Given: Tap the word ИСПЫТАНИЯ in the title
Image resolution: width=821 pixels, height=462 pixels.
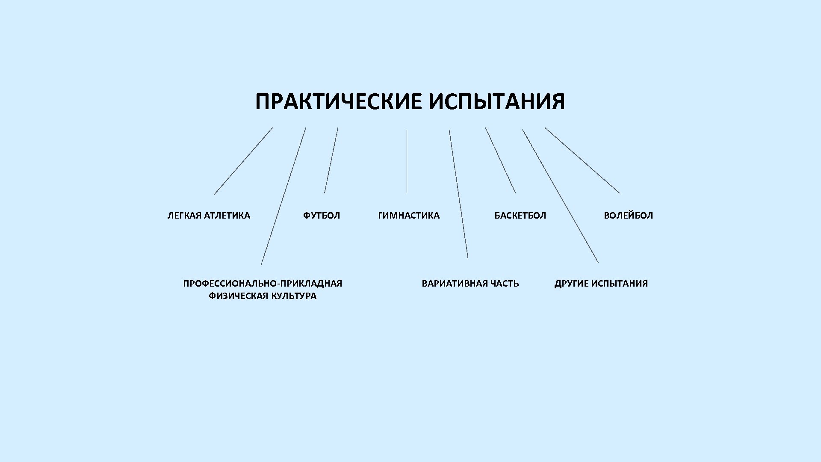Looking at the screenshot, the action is (x=496, y=102).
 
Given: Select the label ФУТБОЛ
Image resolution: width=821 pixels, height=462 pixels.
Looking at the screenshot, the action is (x=322, y=216).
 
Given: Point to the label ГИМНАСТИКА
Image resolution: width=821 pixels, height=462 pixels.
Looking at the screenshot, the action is (x=409, y=216).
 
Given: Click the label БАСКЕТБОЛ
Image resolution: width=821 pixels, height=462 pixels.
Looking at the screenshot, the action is (x=520, y=216).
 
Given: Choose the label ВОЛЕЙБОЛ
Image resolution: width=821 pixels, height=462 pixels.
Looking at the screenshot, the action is (x=628, y=216).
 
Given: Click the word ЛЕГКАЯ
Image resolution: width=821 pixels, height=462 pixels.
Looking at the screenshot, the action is (x=184, y=216).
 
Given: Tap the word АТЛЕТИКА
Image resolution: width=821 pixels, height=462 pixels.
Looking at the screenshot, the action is (x=227, y=216).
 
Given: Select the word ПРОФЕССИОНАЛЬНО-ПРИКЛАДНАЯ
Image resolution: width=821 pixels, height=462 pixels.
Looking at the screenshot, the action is (x=263, y=284).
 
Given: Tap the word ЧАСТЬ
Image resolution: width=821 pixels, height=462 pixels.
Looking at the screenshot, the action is (x=505, y=284).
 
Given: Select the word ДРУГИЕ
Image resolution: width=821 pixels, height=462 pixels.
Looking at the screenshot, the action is (x=571, y=284).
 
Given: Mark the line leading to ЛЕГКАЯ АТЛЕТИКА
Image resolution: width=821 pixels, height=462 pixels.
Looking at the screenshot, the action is (x=243, y=161).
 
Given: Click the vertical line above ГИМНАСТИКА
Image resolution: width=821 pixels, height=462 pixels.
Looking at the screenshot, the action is (x=407, y=161).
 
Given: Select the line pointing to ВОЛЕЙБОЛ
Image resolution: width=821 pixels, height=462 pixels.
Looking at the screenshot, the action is (x=582, y=160).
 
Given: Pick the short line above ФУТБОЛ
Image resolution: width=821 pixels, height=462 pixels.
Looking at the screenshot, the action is (x=331, y=160).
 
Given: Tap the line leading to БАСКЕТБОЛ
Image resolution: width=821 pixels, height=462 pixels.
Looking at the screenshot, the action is (x=500, y=160).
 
